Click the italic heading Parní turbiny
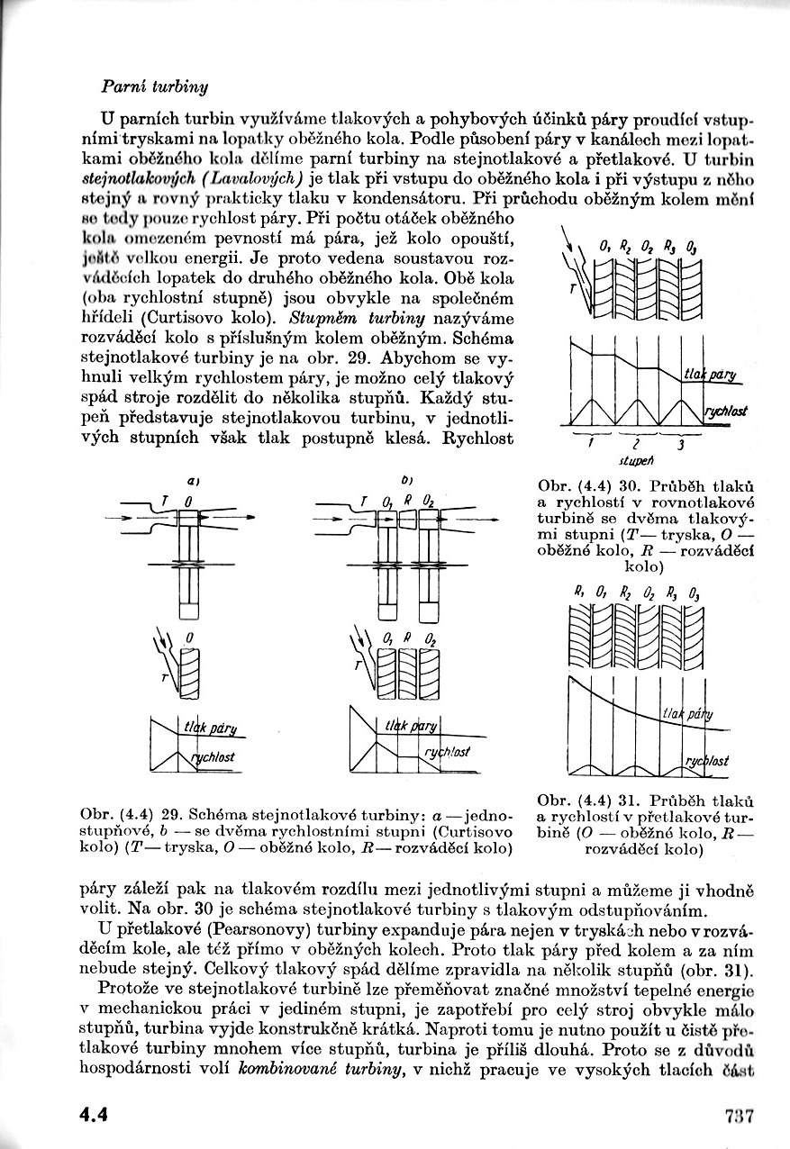click(155, 86)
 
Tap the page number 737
click(738, 1116)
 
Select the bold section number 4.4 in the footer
click(93, 1116)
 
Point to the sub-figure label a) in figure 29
click(193, 482)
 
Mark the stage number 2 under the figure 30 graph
click(635, 443)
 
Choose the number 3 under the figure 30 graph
click(681, 443)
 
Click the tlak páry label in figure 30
click(710, 375)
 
